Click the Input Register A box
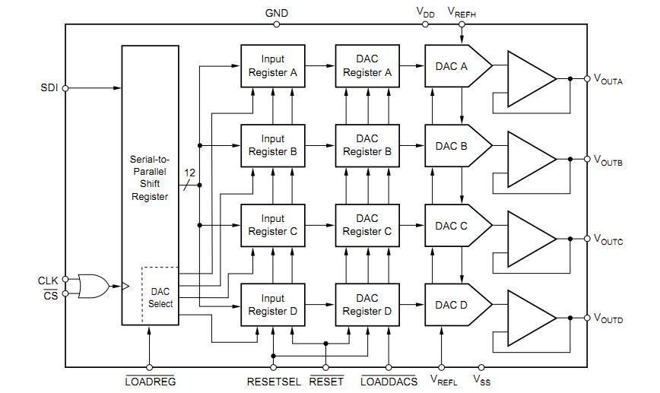273,66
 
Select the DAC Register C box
367,226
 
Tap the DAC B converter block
458,146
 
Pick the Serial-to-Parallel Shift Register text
150,178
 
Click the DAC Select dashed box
160,296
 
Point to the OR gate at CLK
94,287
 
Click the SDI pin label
49,88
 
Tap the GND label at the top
277,13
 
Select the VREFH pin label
462,13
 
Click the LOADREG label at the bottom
151,382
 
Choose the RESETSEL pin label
274,382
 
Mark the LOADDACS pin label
389,382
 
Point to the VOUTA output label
608,80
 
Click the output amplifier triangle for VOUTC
531,239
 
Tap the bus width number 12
189,173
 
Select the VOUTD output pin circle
587,318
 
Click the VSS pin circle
481,367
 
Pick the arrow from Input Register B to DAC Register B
320,146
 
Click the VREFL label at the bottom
443,380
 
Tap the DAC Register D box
367,305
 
